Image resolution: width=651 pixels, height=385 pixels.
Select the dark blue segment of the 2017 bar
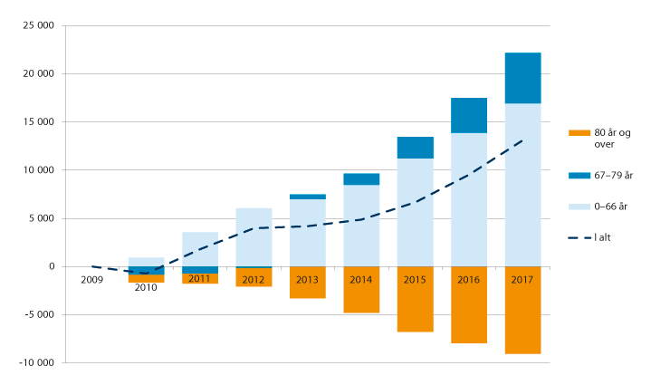coord(522,78)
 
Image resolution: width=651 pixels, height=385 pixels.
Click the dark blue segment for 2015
coord(415,148)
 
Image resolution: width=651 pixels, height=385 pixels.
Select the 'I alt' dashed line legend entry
coord(604,238)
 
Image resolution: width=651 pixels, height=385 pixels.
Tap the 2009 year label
coord(92,280)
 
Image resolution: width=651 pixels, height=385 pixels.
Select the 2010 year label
coord(146,287)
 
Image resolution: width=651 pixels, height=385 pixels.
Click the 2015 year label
coord(415,280)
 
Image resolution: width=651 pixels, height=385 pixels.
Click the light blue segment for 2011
coord(200,249)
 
